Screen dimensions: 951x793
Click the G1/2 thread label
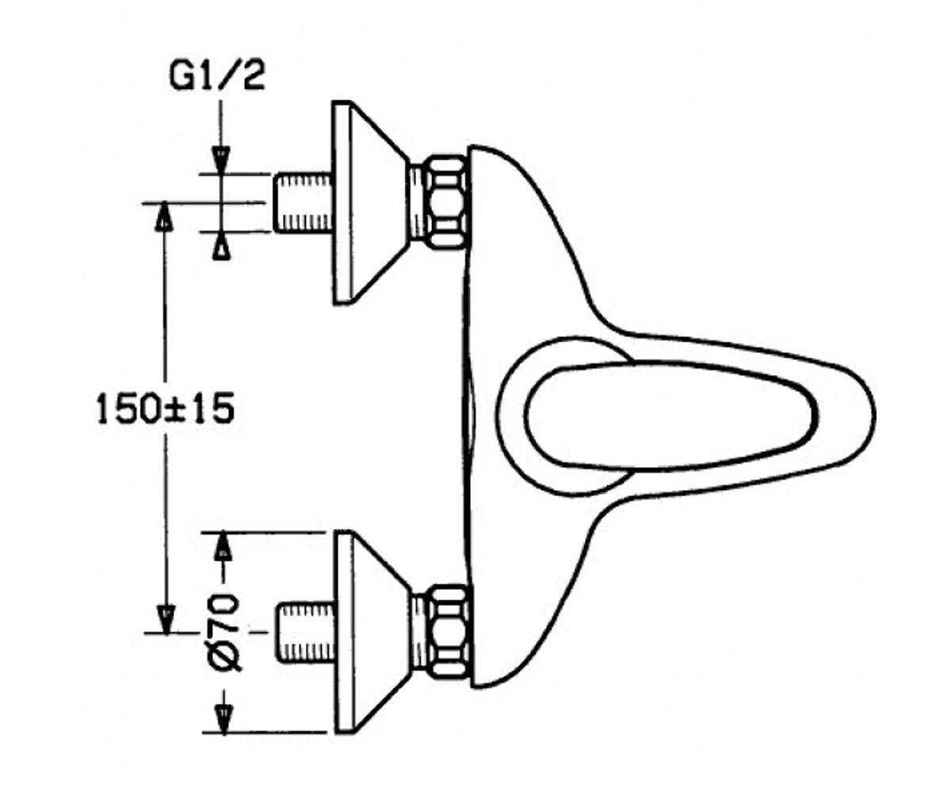(x=217, y=78)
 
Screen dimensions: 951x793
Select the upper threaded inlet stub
(x=302, y=202)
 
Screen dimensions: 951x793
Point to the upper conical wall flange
(x=370, y=202)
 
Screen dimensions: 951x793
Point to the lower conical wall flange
(x=372, y=632)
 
